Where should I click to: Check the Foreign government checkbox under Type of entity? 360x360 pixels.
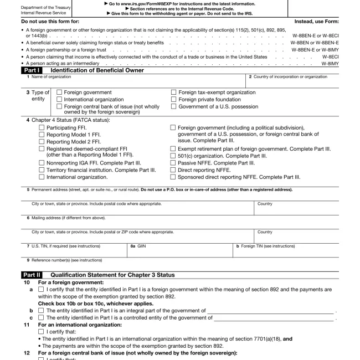click(x=59, y=92)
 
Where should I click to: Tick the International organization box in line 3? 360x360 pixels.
click(x=59, y=100)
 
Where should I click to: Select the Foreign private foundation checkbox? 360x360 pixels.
click(x=174, y=100)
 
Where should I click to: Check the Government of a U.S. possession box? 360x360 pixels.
click(x=174, y=106)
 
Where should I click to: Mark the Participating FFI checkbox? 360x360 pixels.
click(x=42, y=127)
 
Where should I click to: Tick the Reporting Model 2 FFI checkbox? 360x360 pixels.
click(x=42, y=142)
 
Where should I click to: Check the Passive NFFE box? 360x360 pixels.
click(x=173, y=163)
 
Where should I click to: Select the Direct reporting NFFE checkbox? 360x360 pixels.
click(x=173, y=171)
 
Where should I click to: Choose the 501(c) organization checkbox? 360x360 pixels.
click(x=173, y=156)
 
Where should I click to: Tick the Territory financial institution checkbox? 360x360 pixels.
click(x=42, y=171)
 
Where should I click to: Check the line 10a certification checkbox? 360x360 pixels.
click(x=42, y=289)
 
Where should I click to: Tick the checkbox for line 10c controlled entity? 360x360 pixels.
click(x=42, y=318)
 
